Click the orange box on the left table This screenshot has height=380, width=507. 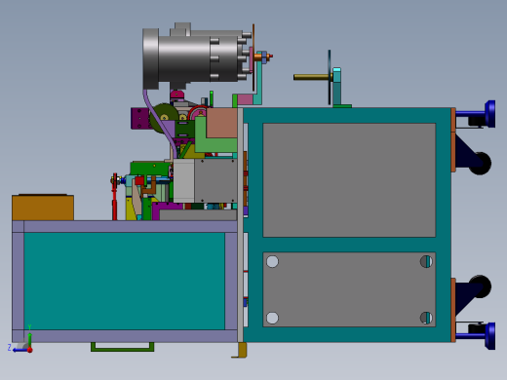pyautogui.click(x=42, y=208)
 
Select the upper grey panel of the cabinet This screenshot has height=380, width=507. pyautogui.click(x=348, y=179)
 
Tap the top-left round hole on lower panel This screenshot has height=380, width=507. pyautogui.click(x=272, y=261)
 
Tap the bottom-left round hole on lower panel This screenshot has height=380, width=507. pyautogui.click(x=272, y=318)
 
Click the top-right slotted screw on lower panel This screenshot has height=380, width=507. pyautogui.click(x=426, y=261)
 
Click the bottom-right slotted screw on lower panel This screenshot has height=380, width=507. pyautogui.click(x=426, y=318)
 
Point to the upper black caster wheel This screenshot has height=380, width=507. pyautogui.click(x=479, y=163)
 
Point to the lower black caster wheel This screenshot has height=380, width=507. pyautogui.click(x=479, y=287)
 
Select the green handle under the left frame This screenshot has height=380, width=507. pyautogui.click(x=122, y=347)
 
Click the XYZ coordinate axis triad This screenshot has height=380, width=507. pyautogui.click(x=23, y=343)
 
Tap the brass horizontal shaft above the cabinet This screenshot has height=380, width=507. pyautogui.click(x=311, y=76)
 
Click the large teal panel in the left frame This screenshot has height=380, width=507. pyautogui.click(x=124, y=281)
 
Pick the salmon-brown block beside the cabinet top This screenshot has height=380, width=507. pyautogui.click(x=222, y=123)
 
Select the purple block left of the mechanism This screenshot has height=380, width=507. pyautogui.click(x=139, y=118)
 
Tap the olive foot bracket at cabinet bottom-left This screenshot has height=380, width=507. pyautogui.click(x=240, y=350)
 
